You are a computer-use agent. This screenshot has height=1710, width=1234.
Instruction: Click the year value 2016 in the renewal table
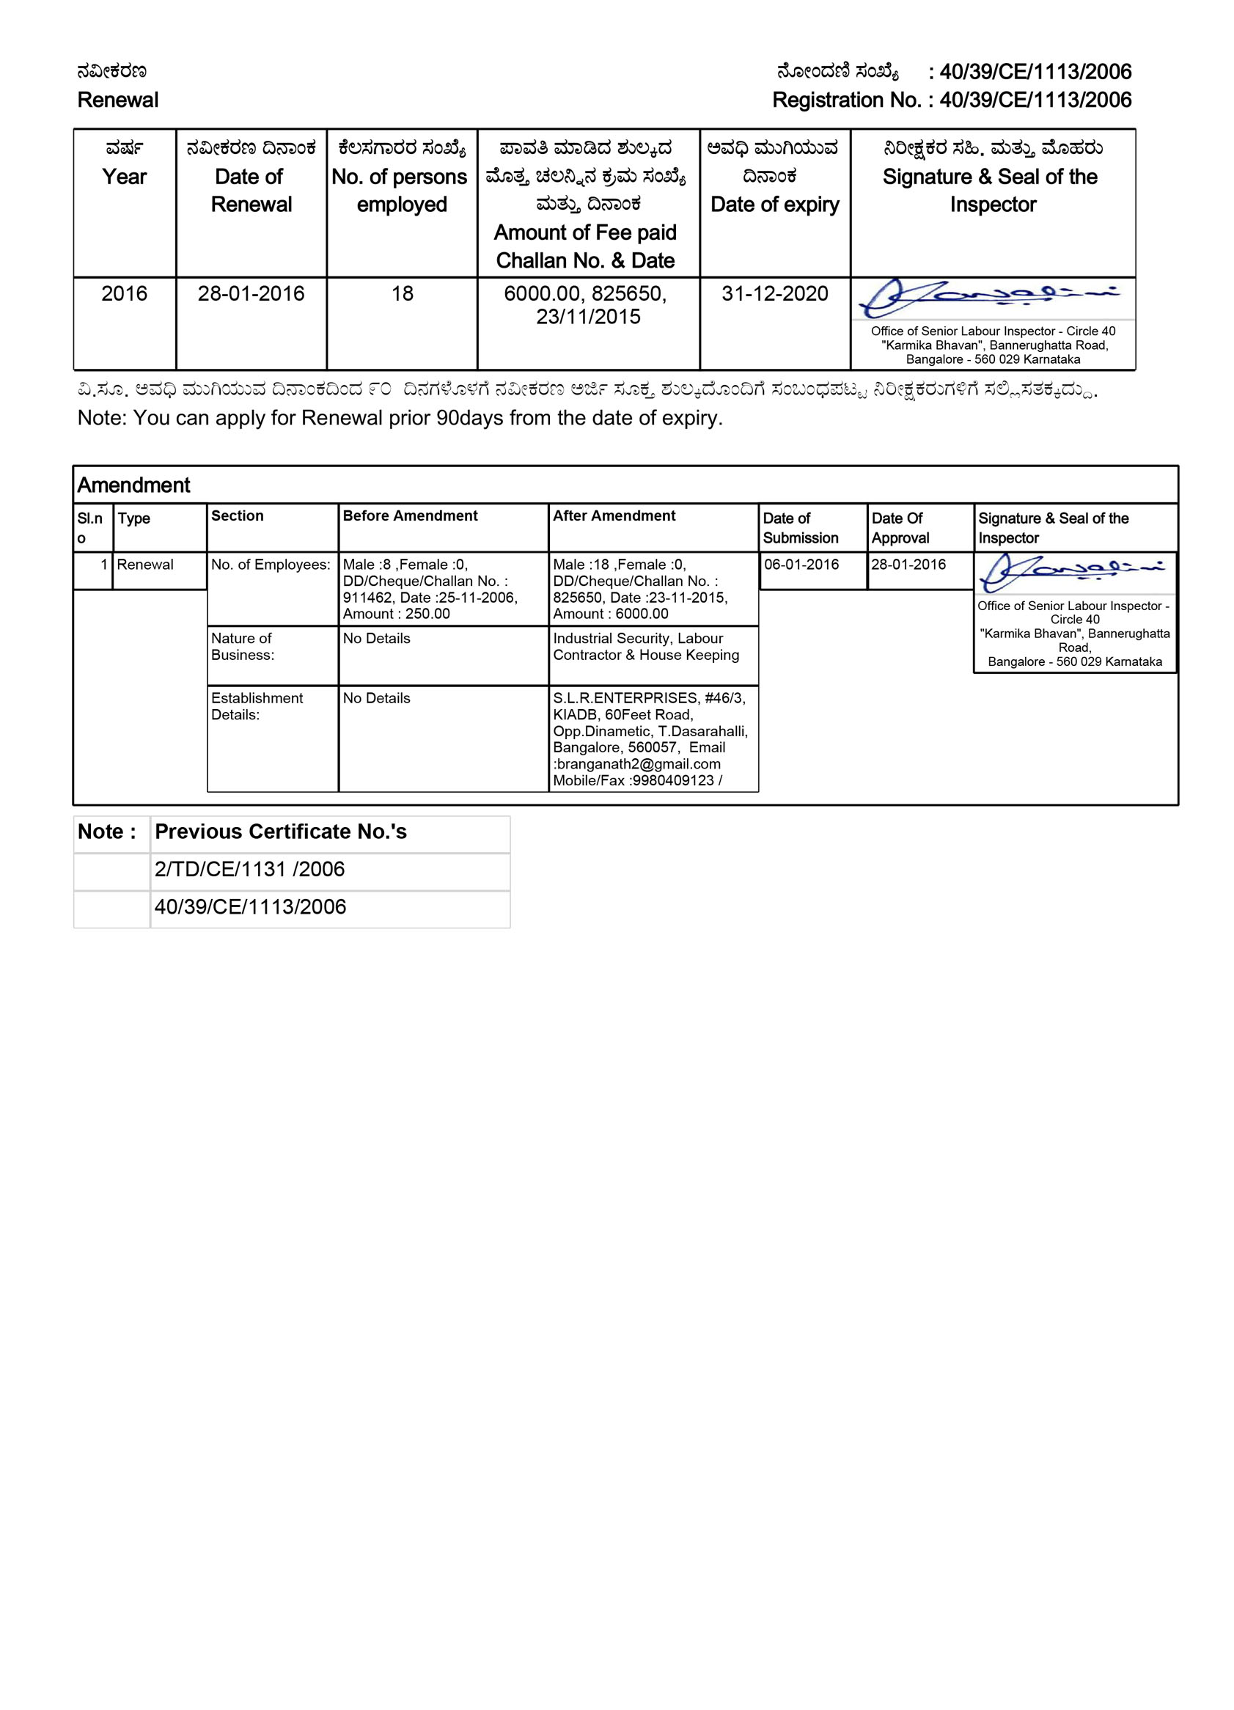(x=125, y=293)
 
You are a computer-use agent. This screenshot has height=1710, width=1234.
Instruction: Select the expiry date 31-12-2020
(x=774, y=293)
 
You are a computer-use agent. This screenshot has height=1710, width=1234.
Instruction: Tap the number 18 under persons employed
(x=402, y=293)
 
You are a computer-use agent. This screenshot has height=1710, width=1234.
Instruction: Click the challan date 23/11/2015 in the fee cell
(x=588, y=317)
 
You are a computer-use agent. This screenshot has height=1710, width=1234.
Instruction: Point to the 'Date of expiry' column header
(x=774, y=205)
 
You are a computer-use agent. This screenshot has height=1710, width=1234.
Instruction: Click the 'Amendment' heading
(x=133, y=485)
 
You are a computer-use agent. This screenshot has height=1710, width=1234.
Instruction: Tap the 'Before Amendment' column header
(x=410, y=515)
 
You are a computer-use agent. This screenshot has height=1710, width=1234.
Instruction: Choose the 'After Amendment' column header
(x=614, y=515)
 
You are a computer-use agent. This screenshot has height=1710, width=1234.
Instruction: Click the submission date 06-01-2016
(x=801, y=564)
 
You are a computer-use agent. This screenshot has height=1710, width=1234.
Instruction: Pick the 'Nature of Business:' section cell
(x=242, y=646)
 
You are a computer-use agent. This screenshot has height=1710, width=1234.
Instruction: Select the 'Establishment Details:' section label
(x=257, y=705)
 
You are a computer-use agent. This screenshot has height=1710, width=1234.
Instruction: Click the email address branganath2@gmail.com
(x=638, y=764)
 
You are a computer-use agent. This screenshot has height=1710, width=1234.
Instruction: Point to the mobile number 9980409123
(x=673, y=780)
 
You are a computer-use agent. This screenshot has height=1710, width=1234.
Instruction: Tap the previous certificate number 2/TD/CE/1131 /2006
(x=249, y=870)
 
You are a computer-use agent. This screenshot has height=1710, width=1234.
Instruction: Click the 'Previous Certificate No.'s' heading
(x=280, y=832)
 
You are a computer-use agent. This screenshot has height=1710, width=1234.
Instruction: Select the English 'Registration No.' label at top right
(x=845, y=100)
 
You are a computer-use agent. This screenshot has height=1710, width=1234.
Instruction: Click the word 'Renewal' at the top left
(x=117, y=100)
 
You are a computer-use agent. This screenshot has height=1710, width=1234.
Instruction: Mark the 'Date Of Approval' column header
(x=900, y=528)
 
